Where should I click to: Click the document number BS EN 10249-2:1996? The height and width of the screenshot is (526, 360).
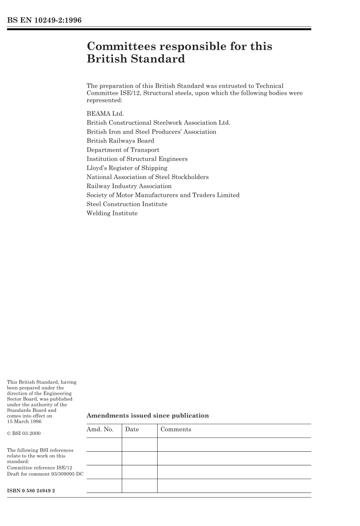[44, 20]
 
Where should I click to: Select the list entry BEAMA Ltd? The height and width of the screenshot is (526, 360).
[105, 114]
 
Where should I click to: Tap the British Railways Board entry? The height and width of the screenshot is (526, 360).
[121, 141]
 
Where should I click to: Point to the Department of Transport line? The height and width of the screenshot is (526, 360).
[123, 150]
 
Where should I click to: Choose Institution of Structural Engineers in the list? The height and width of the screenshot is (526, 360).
[137, 159]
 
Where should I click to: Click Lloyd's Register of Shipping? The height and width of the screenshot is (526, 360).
[127, 168]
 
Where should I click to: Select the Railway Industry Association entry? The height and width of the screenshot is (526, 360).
[129, 186]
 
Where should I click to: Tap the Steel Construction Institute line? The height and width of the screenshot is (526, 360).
[127, 204]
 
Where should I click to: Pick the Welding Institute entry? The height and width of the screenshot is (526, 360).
[112, 214]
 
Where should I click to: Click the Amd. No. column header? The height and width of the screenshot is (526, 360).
[100, 430]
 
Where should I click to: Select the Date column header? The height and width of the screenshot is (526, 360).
[132, 430]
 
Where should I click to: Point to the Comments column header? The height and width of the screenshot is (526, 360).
[176, 430]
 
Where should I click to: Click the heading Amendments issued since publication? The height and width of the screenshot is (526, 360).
[148, 416]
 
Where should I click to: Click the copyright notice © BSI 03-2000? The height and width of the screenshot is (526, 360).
[24, 433]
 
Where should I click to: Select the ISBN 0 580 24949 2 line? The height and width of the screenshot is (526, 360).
[31, 491]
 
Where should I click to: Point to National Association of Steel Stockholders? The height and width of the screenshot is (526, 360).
[147, 177]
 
